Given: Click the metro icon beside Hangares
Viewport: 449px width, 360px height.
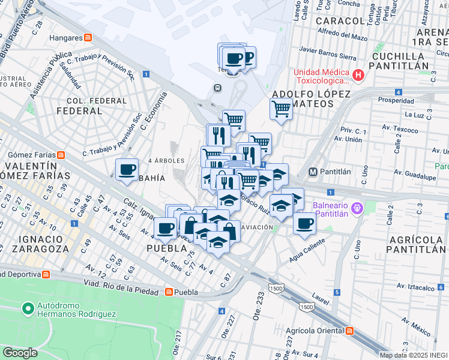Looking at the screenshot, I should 88,38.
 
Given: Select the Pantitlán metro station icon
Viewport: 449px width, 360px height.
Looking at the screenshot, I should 313,172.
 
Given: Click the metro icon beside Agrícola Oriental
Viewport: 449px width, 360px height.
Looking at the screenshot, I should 349,331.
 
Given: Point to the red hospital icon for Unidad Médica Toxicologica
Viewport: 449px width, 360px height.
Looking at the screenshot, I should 358,76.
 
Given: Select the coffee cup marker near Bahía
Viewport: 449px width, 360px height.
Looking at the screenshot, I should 127,170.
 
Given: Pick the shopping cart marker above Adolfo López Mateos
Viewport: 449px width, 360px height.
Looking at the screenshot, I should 281,109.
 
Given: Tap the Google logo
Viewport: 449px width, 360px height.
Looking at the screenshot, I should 20,353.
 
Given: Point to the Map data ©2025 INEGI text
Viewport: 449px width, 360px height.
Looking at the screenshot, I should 414,355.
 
